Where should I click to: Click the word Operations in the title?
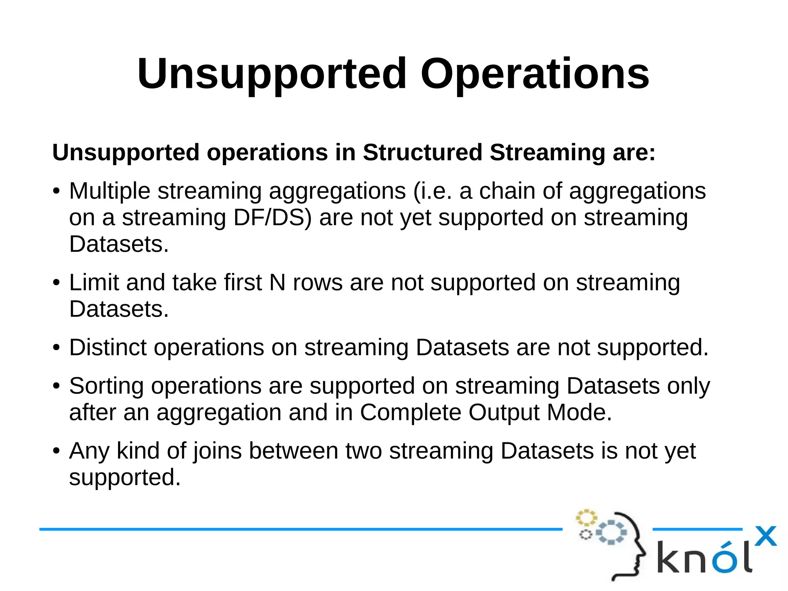point(535,74)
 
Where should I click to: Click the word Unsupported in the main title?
point(272,74)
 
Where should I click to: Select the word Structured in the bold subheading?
point(422,152)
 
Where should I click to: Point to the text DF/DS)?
point(272,218)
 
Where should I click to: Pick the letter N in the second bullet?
point(277,283)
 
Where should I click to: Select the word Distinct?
point(108,348)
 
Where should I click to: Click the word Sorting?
point(106,387)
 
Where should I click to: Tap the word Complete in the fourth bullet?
point(410,413)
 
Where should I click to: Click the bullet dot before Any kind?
point(57,451)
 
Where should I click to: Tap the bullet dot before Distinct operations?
point(57,348)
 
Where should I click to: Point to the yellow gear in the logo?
point(586,518)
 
